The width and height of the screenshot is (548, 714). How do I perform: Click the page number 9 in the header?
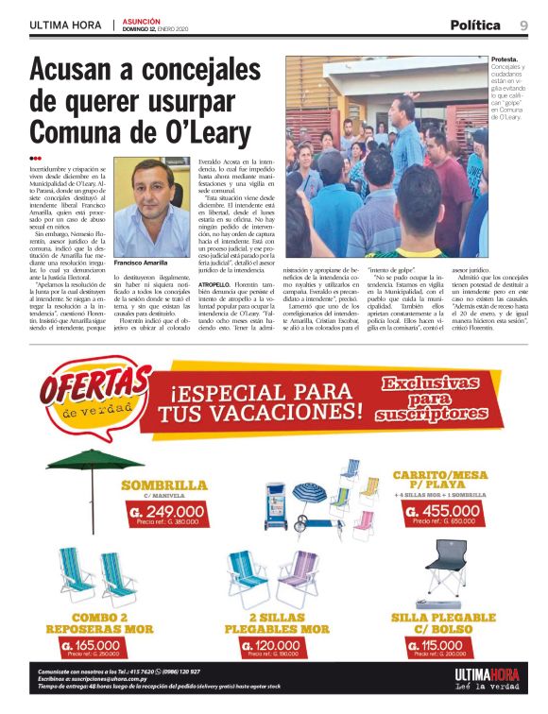523,25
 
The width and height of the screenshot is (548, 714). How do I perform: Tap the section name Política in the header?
475,25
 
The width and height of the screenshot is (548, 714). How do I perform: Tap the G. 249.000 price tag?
163,510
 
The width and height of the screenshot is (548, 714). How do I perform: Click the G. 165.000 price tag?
97,645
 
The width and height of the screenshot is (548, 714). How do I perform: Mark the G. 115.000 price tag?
441,645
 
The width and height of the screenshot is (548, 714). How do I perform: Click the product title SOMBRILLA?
163,485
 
